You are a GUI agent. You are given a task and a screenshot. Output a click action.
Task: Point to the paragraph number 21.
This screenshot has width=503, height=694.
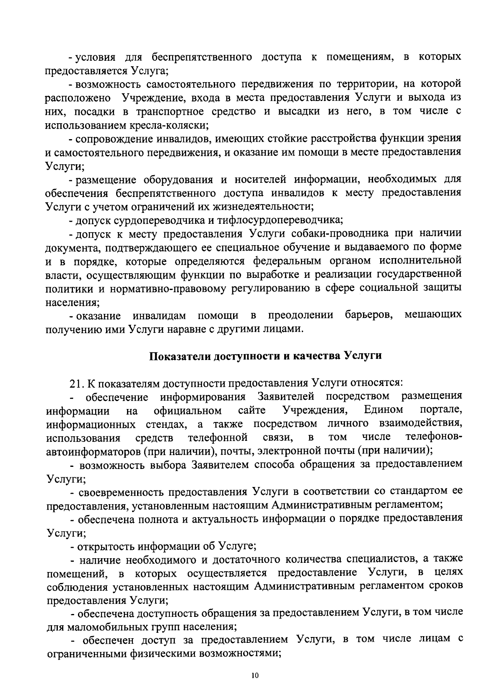coord(76,383)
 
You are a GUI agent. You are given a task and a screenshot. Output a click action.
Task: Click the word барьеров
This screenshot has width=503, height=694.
coord(368,314)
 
